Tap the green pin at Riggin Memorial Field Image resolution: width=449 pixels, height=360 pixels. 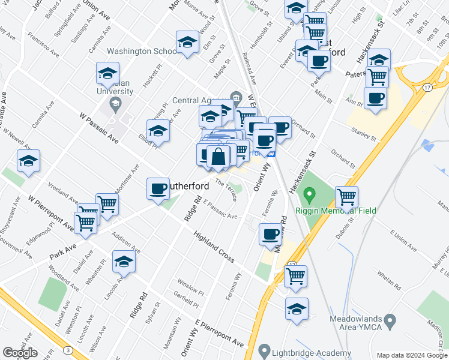[310, 195]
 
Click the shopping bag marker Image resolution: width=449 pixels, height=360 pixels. [219, 157]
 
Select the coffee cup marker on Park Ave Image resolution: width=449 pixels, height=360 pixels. [158, 188]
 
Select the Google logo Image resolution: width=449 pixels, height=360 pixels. [20, 353]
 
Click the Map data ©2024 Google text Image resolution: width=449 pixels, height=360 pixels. [412, 355]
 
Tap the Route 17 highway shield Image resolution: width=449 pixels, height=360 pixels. [427, 88]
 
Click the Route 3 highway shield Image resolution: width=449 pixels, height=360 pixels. [68, 350]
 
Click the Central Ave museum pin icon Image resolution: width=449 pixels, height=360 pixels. [235, 97]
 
